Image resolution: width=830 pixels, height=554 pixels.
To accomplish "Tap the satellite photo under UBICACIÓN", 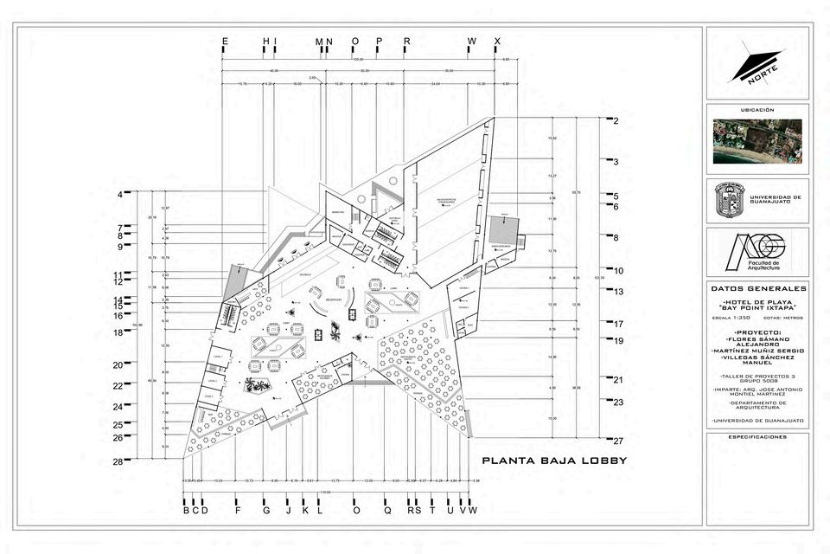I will pos(757,141).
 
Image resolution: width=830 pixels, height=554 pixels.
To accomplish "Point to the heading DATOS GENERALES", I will pos(757,288).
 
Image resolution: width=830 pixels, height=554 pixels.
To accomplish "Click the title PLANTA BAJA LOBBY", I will pos(554,461).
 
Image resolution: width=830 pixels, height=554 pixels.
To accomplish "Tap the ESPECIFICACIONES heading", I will pos(757,437).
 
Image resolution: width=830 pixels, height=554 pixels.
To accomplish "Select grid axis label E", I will pos(225,41).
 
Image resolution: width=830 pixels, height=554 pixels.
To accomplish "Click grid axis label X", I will pos(497,41).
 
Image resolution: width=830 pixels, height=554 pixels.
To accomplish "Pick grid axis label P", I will pos(379,41).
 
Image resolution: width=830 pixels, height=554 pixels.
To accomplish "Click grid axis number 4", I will pos(120,195).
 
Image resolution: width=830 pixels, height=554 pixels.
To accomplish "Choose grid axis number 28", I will pos(118,462).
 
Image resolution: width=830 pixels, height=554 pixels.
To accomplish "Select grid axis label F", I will pos(237,511).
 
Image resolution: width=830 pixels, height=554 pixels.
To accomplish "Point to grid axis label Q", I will pos(387,511).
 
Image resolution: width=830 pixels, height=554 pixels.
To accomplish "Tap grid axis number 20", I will pos(118,365).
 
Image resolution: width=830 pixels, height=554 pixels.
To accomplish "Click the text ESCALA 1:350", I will pos(737,319).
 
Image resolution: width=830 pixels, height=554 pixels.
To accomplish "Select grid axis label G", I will pos(266,511).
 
